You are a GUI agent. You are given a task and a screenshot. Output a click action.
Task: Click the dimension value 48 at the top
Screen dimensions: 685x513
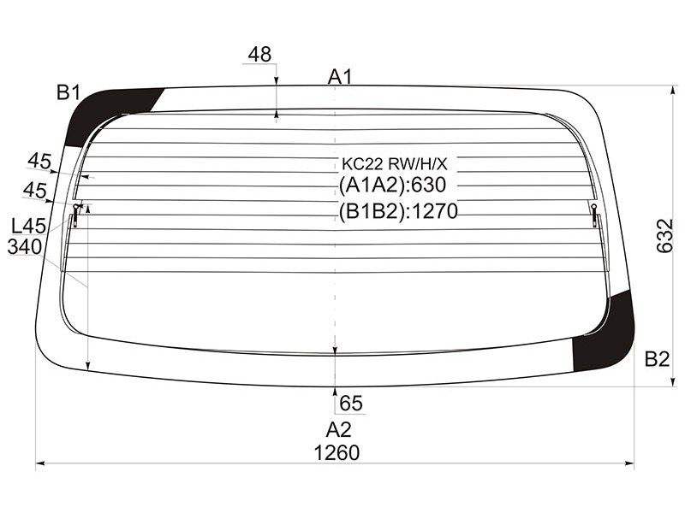[259, 55]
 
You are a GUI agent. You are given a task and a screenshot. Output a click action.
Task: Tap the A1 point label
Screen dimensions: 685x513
[340, 77]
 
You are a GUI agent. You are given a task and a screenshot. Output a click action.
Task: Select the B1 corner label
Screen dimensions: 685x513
[69, 92]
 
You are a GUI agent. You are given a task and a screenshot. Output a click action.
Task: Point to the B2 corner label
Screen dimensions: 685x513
[657, 359]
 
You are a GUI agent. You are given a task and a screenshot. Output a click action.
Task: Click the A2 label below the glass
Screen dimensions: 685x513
[338, 430]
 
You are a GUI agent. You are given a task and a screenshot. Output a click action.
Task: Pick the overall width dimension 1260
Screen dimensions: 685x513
[337, 453]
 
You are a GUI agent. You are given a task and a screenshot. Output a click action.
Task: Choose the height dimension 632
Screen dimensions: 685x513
[665, 236]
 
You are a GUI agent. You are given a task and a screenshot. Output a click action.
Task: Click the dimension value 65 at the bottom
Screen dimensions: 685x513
[351, 404]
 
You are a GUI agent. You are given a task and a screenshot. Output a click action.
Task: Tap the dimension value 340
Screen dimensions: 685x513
[25, 247]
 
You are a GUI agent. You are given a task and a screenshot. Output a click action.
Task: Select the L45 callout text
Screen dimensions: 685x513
[29, 226]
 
